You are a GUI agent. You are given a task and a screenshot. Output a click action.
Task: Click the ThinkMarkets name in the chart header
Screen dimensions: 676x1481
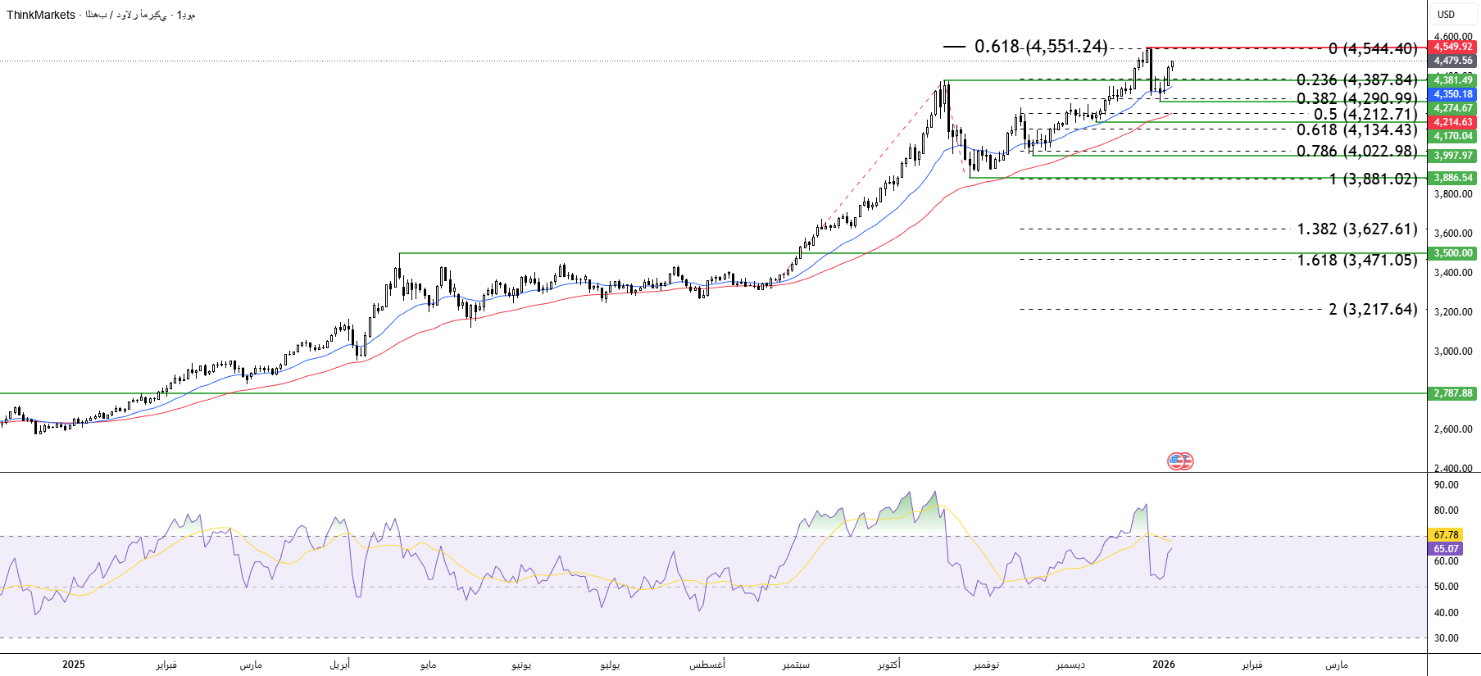click(41, 15)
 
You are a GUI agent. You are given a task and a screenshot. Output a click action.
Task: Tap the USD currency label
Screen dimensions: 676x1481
click(1446, 15)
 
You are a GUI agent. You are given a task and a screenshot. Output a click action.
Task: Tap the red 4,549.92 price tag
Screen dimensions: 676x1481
click(1452, 47)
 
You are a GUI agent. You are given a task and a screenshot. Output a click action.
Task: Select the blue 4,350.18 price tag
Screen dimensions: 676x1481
click(1452, 94)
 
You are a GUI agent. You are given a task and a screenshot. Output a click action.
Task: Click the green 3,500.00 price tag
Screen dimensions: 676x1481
click(1452, 253)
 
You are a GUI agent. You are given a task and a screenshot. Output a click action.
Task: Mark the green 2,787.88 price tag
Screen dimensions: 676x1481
click(1452, 393)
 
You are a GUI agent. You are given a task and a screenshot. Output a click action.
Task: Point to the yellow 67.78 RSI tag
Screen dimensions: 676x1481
click(1446, 535)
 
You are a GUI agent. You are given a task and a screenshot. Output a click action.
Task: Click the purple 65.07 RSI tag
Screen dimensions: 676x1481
click(1446, 549)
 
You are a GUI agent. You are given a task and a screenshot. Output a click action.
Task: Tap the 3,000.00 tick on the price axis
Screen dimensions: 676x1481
click(1452, 352)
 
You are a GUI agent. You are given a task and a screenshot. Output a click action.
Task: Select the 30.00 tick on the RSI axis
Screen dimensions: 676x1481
click(1446, 638)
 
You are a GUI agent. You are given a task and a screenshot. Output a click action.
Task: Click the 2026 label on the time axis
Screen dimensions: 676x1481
click(1163, 665)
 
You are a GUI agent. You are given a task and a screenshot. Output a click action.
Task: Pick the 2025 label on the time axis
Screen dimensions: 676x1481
click(74, 665)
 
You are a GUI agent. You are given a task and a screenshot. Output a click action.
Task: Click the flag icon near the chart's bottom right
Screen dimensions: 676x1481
click(1180, 461)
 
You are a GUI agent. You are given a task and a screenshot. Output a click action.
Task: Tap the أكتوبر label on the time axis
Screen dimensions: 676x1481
click(888, 665)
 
